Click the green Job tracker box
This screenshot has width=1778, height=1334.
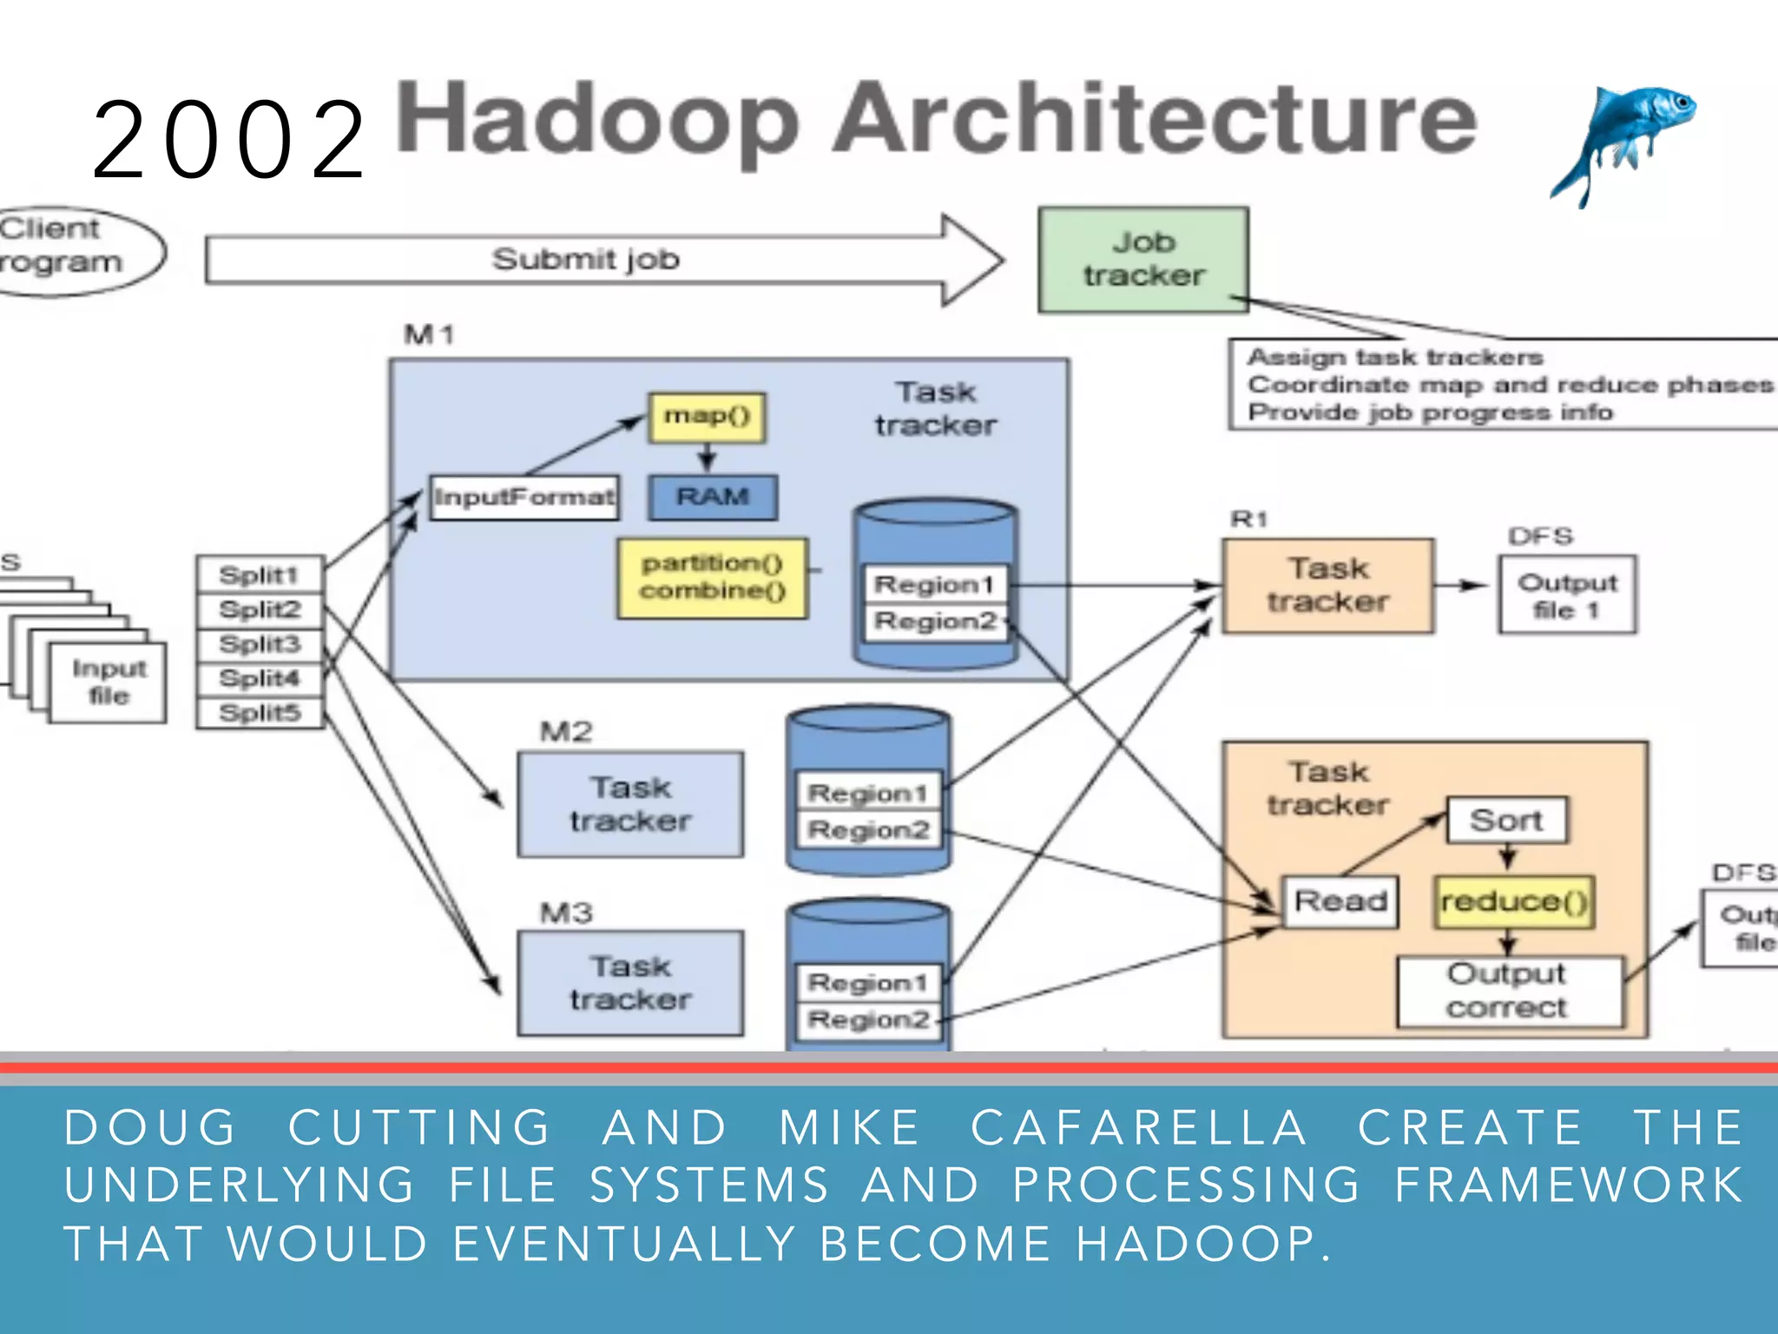[x=1143, y=260]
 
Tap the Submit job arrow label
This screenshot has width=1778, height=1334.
[x=585, y=260]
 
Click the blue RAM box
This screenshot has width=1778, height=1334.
[x=713, y=498]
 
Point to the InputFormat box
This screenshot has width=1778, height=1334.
[x=524, y=498]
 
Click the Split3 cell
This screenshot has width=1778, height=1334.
[x=260, y=644]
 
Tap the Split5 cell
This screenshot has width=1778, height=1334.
[x=260, y=713]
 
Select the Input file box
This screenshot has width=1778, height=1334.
[x=109, y=683]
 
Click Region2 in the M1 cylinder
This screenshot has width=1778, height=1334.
[x=935, y=622]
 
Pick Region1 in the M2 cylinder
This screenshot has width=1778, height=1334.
[x=867, y=793]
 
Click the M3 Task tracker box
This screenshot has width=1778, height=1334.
[x=630, y=983]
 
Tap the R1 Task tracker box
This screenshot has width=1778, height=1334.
[x=1327, y=585]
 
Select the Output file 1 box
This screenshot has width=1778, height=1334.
[x=1567, y=596]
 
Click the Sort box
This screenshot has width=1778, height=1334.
[x=1506, y=820]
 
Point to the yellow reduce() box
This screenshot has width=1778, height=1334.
[x=1514, y=902]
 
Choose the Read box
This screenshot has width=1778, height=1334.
[x=1340, y=901]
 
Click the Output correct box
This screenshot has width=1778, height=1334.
[x=1508, y=992]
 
